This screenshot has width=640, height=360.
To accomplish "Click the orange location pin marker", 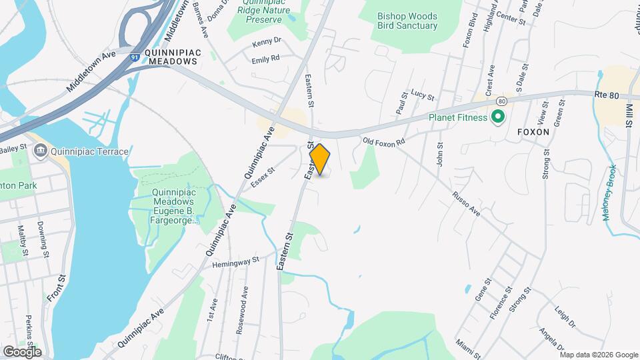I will pyautogui.click(x=320, y=159).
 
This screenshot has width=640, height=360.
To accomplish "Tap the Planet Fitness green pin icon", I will pyautogui.click(x=497, y=118).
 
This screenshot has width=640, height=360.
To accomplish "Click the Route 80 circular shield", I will pyautogui.click(x=501, y=101).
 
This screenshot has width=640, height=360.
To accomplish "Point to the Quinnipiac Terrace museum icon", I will pyautogui.click(x=40, y=151).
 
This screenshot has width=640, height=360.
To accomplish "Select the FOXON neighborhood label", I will pyautogui.click(x=533, y=132).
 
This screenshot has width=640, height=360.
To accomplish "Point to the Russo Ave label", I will pyautogui.click(x=466, y=204).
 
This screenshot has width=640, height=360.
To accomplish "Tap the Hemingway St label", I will pyautogui.click(x=235, y=263).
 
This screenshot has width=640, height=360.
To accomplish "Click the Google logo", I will pyautogui.click(x=22, y=351).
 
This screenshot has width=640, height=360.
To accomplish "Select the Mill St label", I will pyautogui.click(x=629, y=116).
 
